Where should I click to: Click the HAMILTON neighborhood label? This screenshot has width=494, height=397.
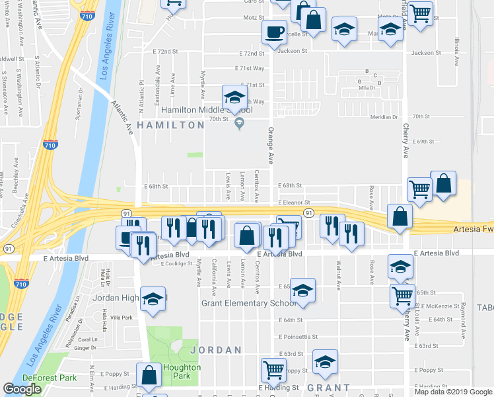171,124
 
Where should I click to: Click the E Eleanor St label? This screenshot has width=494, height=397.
294,202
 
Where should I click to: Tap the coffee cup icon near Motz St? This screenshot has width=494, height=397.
273,31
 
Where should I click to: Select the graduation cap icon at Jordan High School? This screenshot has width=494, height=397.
153,299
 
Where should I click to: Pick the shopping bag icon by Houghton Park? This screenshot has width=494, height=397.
149,375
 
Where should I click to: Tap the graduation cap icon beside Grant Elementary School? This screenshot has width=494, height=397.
302,291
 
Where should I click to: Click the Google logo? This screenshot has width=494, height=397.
22,389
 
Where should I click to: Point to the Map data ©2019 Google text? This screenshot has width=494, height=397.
452,392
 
